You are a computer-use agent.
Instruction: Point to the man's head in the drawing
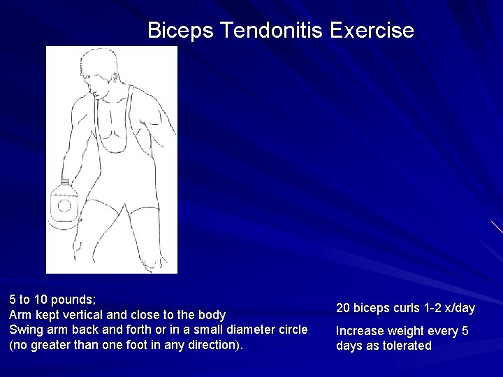102,74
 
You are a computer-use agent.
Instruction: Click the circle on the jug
64,206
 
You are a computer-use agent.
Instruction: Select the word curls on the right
406,308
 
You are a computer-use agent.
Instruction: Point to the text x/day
457,308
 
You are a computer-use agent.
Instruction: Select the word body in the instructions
212,315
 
